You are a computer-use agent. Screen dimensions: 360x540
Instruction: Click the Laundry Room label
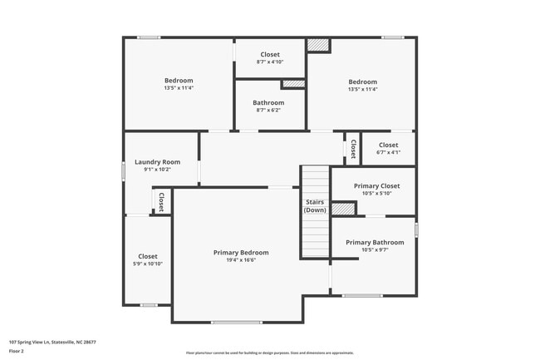(158, 162)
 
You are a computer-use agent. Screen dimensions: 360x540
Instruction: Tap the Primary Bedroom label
(241, 252)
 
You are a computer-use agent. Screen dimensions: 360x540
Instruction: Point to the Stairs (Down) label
(315, 205)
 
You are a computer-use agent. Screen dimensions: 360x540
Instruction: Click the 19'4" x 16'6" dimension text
(241, 260)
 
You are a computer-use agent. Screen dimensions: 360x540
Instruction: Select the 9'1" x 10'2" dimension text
(158, 170)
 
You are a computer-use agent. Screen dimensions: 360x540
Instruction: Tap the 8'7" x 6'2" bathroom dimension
(268, 111)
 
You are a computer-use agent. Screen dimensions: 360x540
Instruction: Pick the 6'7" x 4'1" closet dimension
(388, 152)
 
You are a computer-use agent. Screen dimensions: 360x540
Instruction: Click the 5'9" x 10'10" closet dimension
(148, 264)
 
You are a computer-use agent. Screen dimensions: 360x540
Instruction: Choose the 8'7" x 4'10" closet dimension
(269, 62)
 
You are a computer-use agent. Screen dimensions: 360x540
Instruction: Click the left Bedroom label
(179, 81)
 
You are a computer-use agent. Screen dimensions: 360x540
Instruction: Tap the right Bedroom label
(362, 81)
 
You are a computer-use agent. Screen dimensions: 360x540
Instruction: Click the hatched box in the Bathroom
(292, 84)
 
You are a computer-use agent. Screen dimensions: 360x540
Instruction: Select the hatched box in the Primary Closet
(342, 209)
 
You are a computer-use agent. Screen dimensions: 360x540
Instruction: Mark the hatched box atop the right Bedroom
(318, 46)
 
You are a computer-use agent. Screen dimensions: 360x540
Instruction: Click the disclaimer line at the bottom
(270, 353)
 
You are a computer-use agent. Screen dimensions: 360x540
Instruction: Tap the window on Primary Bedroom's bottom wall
(237, 323)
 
